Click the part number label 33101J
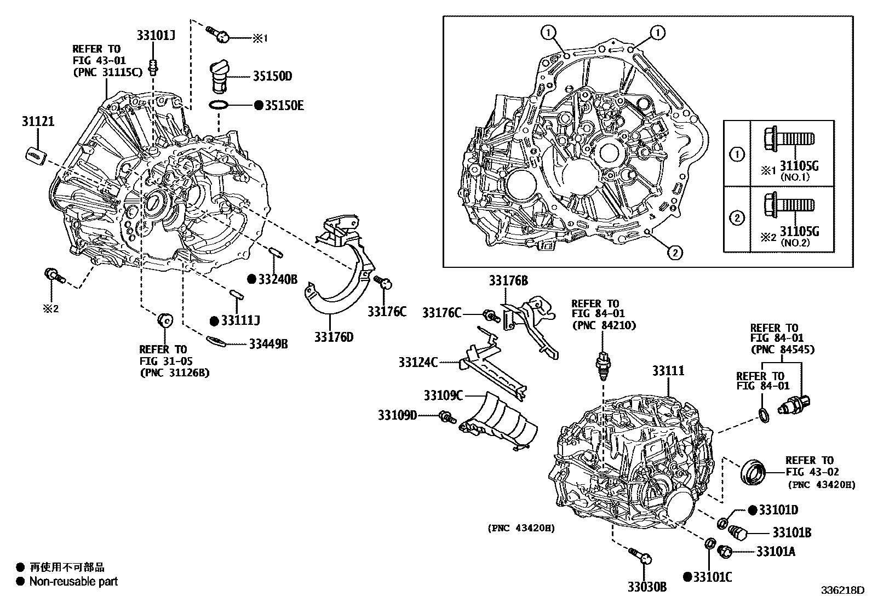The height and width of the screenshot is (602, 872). [x=156, y=36]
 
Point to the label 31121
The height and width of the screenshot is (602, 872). [x=38, y=121]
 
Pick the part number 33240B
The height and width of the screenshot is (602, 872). [x=277, y=279]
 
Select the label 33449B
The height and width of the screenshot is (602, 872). [x=268, y=344]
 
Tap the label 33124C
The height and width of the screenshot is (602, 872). [x=418, y=362]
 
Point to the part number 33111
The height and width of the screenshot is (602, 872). [x=668, y=371]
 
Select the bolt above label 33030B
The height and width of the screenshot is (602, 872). [x=639, y=555]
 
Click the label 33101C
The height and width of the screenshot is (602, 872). [x=712, y=576]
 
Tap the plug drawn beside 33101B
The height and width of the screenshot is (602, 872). [x=739, y=532]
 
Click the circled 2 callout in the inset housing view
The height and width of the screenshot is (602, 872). [x=675, y=253]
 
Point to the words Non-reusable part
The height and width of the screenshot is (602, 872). [x=73, y=582]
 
